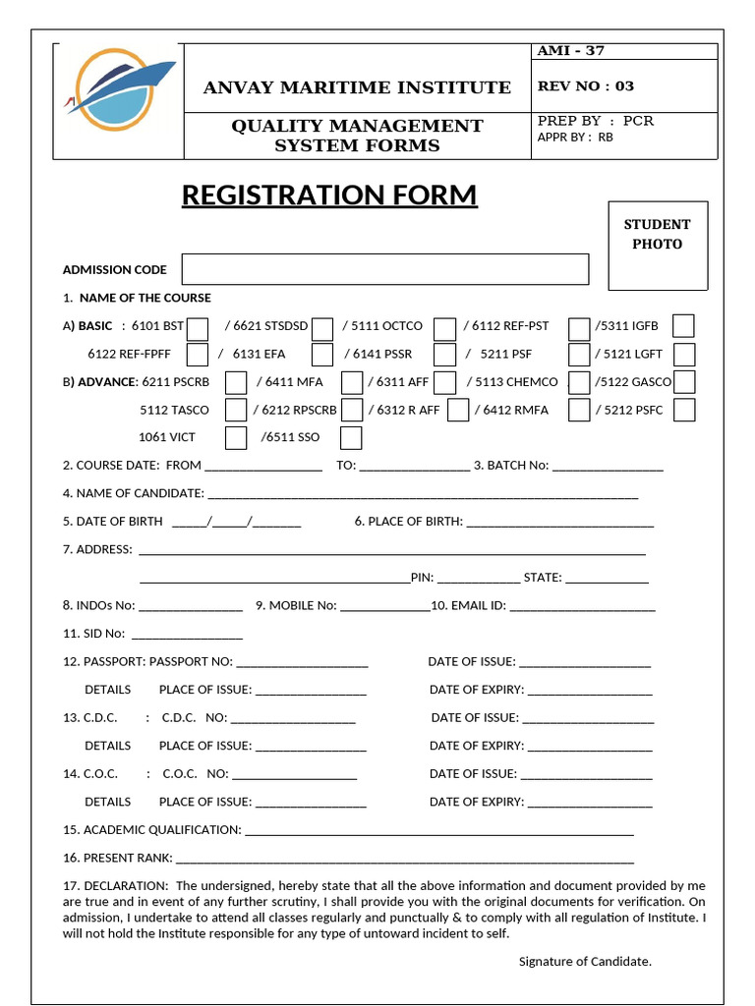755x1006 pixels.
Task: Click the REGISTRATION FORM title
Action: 329,196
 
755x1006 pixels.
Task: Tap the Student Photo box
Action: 658,246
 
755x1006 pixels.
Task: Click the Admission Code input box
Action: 384,269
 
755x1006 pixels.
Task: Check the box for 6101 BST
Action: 198,327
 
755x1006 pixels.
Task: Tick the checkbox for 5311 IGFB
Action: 683,326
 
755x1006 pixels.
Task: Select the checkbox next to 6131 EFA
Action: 322,355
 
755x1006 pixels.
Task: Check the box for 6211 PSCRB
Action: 236,382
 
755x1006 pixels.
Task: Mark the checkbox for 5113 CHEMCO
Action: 579,382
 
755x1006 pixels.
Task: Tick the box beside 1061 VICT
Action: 236,437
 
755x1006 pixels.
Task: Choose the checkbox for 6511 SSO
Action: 351,437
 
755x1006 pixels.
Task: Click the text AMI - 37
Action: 571,51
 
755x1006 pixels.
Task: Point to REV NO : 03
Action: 586,86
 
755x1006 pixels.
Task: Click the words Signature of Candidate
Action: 585,961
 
